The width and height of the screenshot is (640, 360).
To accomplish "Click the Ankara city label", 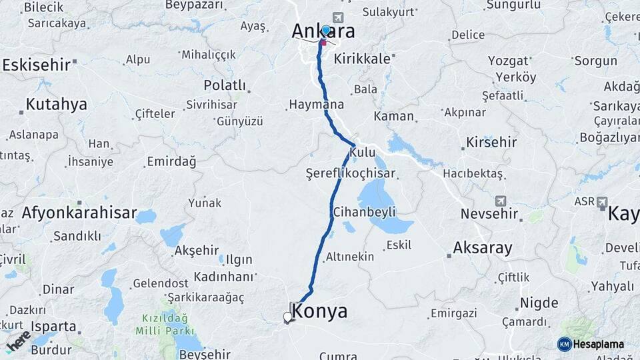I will click(x=323, y=32).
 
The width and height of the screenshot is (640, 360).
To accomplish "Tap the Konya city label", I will click(x=320, y=311).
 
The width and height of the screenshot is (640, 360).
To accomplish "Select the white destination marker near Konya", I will click(x=287, y=317).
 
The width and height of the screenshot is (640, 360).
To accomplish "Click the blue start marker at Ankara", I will click(x=325, y=31).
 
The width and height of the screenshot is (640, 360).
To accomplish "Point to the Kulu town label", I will click(x=362, y=153).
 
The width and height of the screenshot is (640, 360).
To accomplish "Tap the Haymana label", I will click(x=316, y=105).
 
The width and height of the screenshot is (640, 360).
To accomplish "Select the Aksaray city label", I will click(x=483, y=248).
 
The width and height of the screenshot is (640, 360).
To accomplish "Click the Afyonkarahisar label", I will click(x=79, y=214).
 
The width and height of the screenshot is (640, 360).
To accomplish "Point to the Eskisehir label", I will click(x=37, y=65).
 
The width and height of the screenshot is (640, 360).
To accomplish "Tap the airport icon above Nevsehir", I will click(x=501, y=201).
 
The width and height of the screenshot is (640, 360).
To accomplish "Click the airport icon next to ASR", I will click(x=602, y=201).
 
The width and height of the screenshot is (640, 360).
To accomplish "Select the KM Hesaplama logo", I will click(x=591, y=344).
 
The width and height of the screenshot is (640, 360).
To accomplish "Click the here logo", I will click(x=18, y=341).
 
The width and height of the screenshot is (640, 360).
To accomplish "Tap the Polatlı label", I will click(x=224, y=86).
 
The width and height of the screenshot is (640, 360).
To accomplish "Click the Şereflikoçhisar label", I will click(x=350, y=173).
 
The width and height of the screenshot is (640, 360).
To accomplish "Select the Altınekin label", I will click(x=350, y=257).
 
